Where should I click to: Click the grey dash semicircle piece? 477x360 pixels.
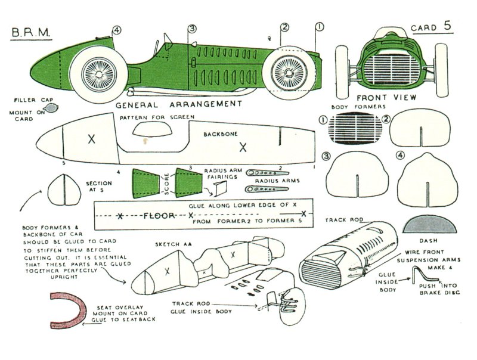(428, 224)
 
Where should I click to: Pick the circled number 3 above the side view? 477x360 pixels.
(191, 29)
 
